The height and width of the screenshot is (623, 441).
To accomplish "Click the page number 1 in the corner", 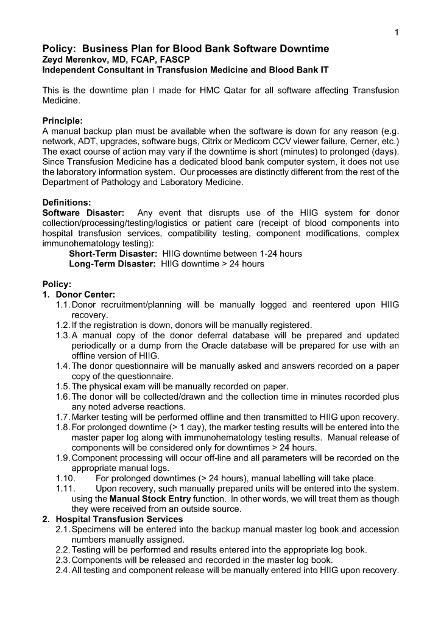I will point(396,33).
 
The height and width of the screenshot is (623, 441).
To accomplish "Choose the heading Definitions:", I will point(66,203).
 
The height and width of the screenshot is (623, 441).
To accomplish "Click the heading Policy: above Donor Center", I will point(57,284).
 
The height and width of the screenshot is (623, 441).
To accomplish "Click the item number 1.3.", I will point(62,335).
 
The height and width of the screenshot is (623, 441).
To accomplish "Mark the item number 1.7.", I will point(62,417).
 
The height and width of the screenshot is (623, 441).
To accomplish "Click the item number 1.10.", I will point(65,478).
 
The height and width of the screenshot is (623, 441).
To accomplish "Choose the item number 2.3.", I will point(62,560).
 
